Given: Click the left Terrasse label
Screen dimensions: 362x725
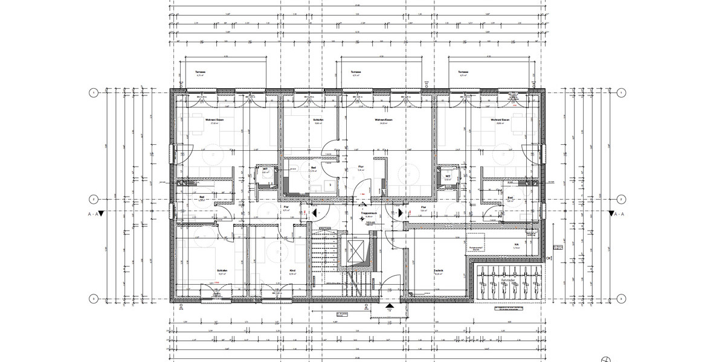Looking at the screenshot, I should [x=201, y=72].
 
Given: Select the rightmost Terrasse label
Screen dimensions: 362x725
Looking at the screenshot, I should [x=463, y=72].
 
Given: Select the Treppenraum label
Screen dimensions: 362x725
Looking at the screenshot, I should [x=369, y=214].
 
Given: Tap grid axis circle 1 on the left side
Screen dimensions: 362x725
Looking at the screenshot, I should [x=94, y=93].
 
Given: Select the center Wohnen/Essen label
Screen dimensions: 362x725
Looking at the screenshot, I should [x=384, y=120].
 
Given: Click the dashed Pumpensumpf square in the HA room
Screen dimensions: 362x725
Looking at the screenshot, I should [x=475, y=243].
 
